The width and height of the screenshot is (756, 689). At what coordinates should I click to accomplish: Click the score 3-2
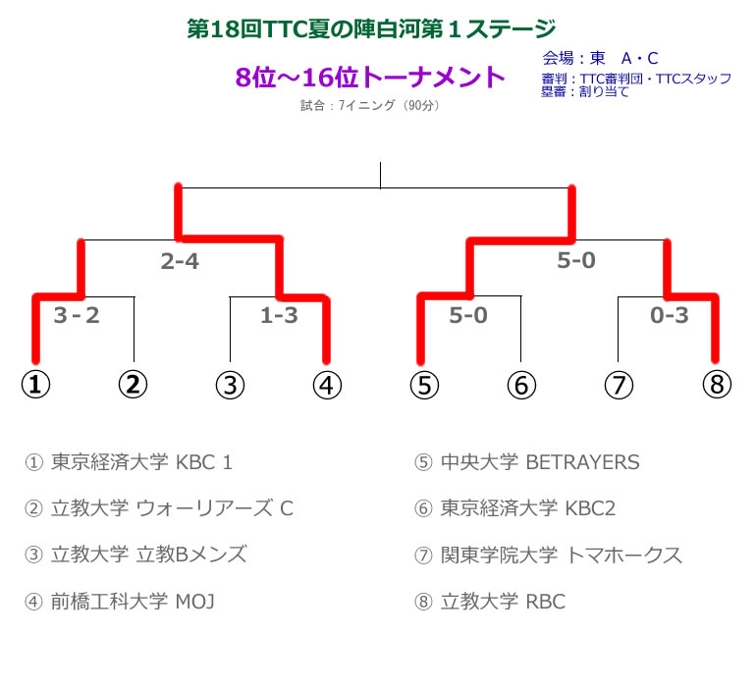click(x=77, y=315)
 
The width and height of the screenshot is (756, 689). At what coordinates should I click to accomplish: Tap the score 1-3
click(x=279, y=315)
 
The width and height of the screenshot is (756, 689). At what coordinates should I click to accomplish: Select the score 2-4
click(x=180, y=262)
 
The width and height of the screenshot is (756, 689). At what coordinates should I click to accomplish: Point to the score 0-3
click(x=670, y=315)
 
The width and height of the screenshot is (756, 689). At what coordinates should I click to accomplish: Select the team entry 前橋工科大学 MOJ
click(x=133, y=602)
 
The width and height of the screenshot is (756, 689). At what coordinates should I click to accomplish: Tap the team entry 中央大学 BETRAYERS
click(x=527, y=462)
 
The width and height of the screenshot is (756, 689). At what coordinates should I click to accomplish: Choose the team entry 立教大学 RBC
click(x=490, y=602)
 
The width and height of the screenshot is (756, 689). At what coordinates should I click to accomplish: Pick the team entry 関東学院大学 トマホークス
click(x=548, y=556)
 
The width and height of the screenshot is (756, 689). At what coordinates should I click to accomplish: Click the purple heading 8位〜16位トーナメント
click(x=370, y=78)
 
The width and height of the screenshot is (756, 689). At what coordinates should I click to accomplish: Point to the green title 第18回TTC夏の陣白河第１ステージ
click(x=371, y=29)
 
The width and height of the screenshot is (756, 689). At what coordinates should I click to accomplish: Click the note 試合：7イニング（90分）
click(x=369, y=105)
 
